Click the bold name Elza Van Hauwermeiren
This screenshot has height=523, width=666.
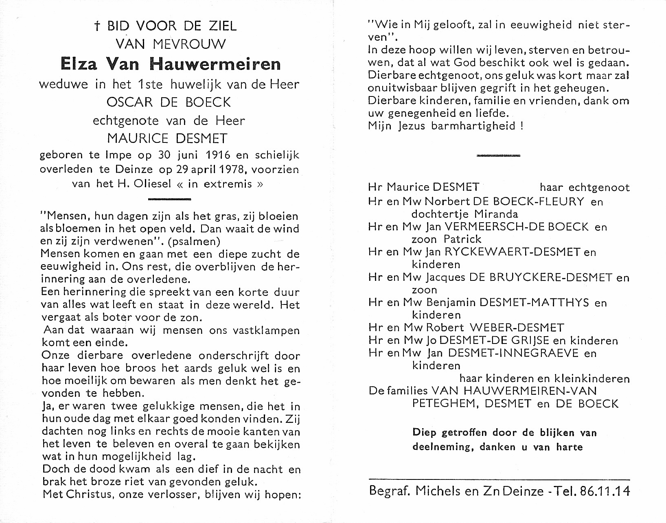click(x=170, y=63)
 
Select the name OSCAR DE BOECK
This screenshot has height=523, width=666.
click(x=169, y=102)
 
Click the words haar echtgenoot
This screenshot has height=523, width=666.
click(x=585, y=187)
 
